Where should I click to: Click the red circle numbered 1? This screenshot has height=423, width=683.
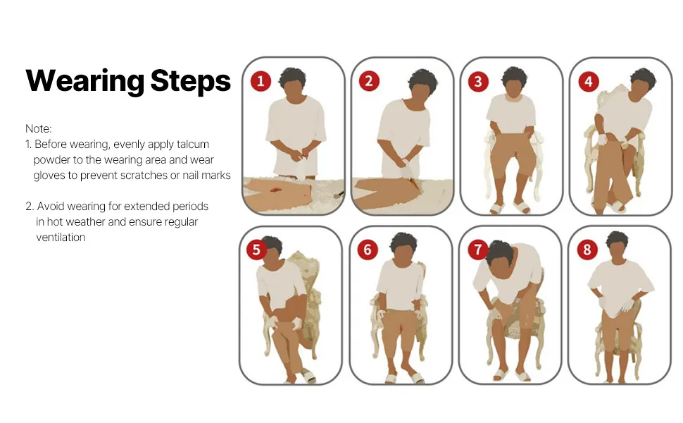(x=261, y=81)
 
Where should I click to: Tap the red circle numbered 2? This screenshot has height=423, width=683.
(x=369, y=81)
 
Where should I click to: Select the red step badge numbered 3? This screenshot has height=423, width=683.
(x=478, y=82)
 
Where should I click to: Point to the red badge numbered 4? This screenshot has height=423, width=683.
(x=589, y=82)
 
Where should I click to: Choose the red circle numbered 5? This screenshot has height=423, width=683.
(x=256, y=250)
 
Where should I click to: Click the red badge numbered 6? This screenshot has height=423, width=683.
(x=367, y=250)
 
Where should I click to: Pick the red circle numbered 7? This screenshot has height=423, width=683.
(x=478, y=250)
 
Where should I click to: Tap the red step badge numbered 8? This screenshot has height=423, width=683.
(x=587, y=250)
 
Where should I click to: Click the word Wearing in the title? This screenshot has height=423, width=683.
(x=85, y=82)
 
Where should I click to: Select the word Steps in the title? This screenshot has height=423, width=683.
(x=190, y=81)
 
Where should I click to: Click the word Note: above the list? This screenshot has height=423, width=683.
(x=38, y=128)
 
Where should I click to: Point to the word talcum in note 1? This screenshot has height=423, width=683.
(x=192, y=145)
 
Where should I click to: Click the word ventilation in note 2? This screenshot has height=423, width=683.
(x=61, y=237)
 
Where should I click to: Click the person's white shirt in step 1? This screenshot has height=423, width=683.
(x=296, y=135)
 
